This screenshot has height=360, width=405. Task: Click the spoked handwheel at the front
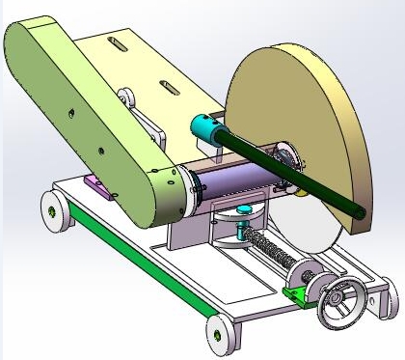(338, 301)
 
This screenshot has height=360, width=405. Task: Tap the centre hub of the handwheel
(337, 302)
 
